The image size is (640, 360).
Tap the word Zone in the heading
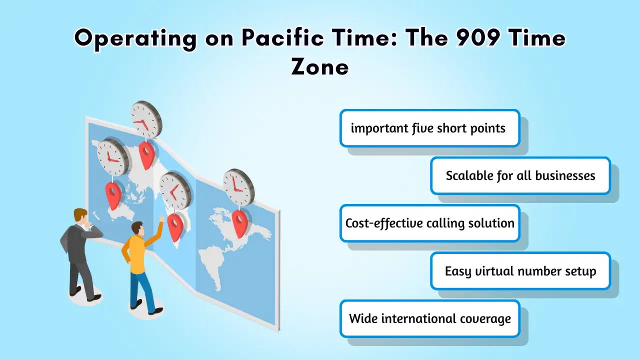320,67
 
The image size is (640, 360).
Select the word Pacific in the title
283,37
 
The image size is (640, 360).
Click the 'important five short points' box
429,128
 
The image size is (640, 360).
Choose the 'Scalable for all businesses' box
520,175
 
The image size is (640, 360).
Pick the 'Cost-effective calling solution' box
429,223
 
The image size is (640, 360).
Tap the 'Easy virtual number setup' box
520,271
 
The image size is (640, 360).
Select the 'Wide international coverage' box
429,318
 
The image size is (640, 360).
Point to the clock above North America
238,187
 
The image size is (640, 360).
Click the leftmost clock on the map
113,157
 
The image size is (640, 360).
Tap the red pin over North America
240,223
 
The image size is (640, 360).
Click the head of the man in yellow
137,228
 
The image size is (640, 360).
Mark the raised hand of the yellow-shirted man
161,218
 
